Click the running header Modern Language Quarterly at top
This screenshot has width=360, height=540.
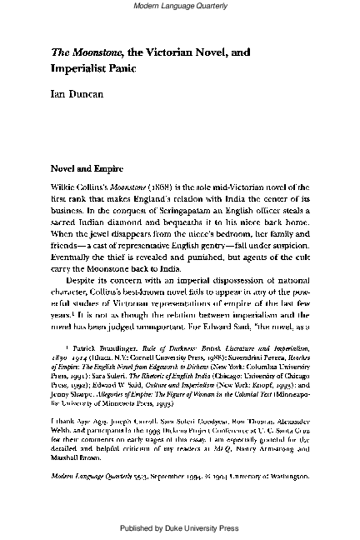pyautogui.click(x=179, y=7)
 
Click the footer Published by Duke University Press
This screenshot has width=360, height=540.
pyautogui.click(x=179, y=528)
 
